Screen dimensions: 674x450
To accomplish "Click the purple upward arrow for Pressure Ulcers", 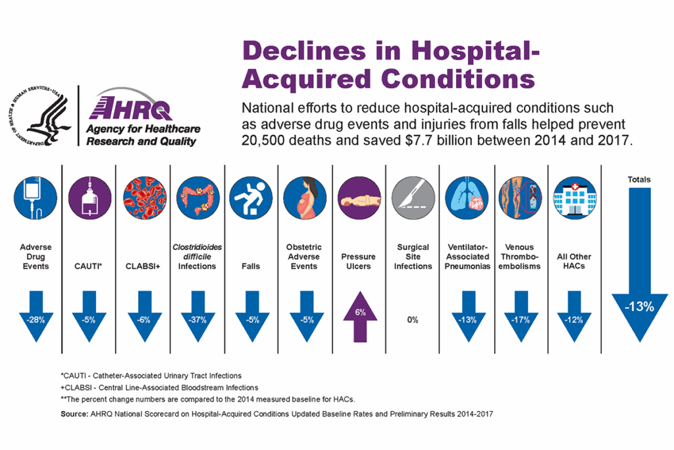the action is click(x=360, y=317).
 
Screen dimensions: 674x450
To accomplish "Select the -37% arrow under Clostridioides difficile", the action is click(x=197, y=317).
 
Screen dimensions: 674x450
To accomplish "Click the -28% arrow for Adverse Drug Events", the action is click(x=36, y=317).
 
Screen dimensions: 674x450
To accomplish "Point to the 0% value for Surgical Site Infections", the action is click(x=413, y=320).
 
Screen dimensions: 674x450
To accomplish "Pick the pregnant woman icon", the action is click(x=305, y=198).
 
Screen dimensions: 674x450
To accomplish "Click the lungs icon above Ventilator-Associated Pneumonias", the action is click(x=467, y=198).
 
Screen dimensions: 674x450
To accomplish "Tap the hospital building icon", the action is click(x=575, y=198).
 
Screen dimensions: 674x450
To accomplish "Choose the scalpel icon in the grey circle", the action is click(x=413, y=198).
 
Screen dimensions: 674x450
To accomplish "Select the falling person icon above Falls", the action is click(x=251, y=198).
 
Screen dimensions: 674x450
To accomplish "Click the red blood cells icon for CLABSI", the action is click(x=145, y=198).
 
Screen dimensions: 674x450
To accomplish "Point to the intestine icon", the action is click(x=197, y=198).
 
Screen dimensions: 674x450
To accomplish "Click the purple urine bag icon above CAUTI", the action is click(x=90, y=198).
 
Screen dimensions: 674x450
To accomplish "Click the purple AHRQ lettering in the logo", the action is click(x=130, y=108).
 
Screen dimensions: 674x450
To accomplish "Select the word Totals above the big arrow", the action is click(x=639, y=179).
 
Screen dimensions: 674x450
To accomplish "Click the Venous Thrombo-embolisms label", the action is click(x=519, y=256).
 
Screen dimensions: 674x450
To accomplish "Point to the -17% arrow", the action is click(x=521, y=317).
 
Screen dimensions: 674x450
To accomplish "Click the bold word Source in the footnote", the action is click(x=74, y=414).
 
